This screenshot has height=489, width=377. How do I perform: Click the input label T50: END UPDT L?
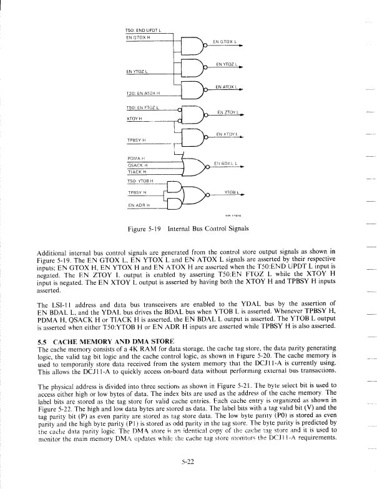pos(143,30)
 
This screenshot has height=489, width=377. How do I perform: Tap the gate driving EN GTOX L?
pos(192,46)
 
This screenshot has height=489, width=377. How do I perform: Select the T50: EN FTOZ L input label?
pos(144,108)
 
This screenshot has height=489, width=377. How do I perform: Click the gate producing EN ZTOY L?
pos(192,115)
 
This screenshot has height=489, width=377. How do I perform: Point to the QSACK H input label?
pos(138,165)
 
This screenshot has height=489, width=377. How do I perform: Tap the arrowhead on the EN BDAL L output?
pos(240,167)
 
